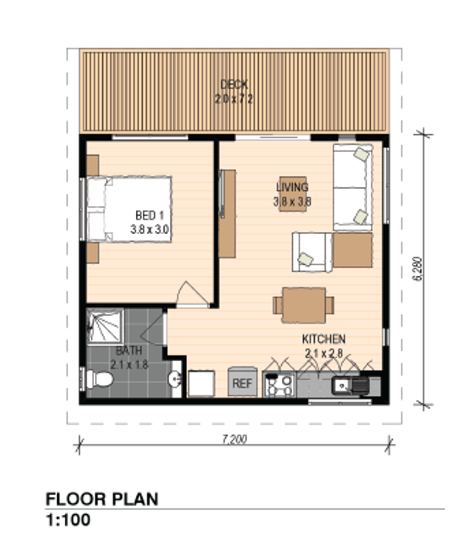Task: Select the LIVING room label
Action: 292,188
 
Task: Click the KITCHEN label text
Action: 323,339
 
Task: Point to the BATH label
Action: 129,351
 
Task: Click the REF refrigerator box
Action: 242,383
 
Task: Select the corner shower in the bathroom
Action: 105,326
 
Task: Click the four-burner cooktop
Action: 280,384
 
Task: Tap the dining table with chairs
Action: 304,305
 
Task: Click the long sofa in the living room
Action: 353,187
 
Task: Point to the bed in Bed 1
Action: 130,209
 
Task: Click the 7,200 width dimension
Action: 235,439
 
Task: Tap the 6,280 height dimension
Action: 420,269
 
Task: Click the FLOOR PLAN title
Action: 102,498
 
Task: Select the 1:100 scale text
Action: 68,520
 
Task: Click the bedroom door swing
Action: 190,295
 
